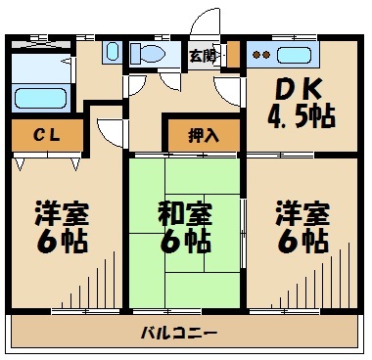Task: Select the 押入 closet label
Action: tap(204, 135)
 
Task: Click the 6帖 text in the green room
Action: tap(185, 241)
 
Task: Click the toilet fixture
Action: tap(150, 55)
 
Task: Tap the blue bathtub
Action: tap(38, 97)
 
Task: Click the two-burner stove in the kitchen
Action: tap(261, 55)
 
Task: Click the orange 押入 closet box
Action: tap(204, 135)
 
